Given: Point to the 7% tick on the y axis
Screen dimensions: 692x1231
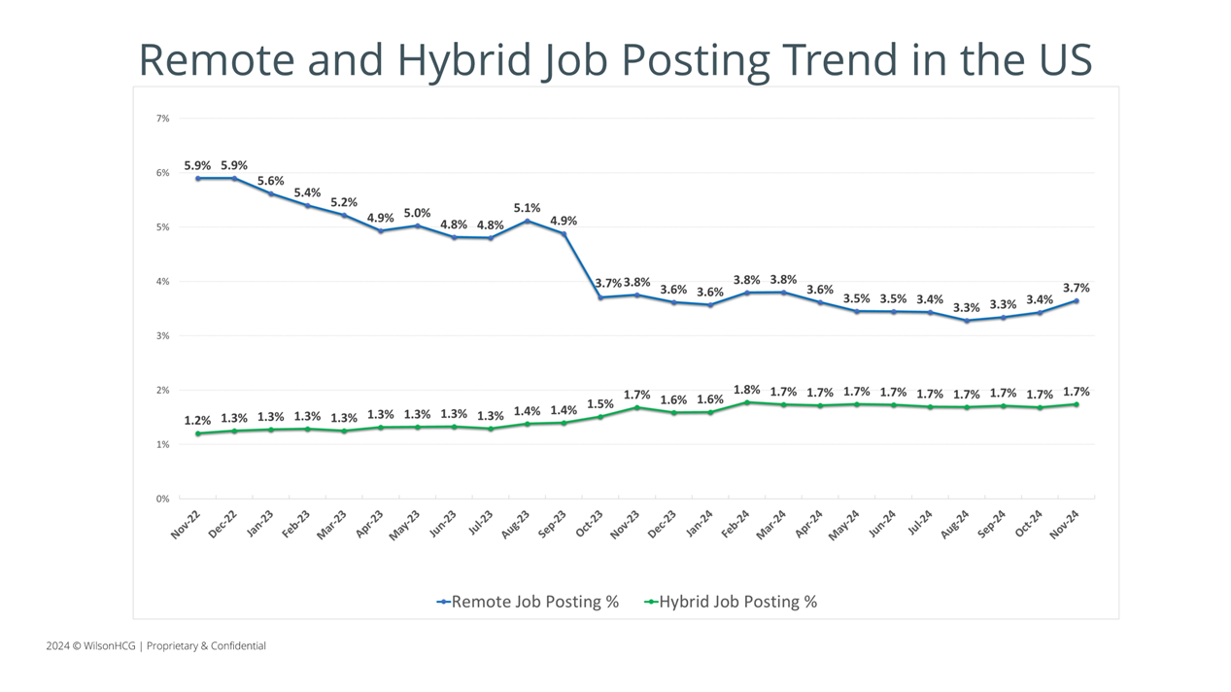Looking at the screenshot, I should pos(162,119).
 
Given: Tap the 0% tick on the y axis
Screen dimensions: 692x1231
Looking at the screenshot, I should pos(162,499).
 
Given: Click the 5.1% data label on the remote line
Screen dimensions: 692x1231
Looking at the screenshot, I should pos(527,208).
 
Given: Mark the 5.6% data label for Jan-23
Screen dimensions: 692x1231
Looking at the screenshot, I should pos(271,181).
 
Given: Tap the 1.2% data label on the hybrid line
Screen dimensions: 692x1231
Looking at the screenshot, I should pos(197,422).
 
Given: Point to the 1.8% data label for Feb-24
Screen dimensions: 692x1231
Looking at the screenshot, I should pos(747,390).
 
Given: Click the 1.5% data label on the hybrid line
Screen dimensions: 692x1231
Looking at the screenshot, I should pos(600,403).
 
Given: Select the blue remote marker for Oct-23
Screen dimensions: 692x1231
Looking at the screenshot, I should pos(600,297).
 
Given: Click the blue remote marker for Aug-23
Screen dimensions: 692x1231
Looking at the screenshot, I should pos(527,221).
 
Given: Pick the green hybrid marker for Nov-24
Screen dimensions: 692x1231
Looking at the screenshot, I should pos(1077,404).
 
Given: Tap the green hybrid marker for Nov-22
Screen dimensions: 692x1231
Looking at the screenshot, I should pos(197,433).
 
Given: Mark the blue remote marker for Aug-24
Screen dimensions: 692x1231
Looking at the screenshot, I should pos(967,321).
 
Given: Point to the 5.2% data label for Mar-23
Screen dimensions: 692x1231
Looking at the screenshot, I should pos(344,202).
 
